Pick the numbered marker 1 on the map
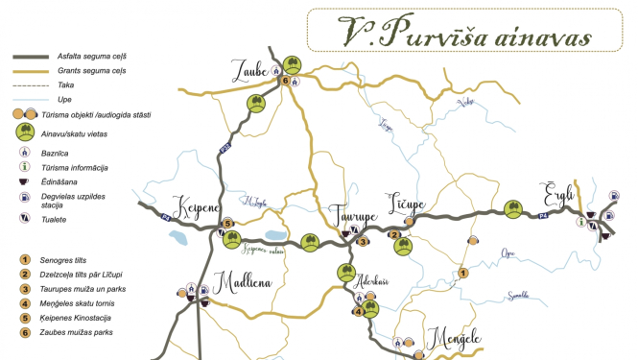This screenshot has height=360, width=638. [463, 273]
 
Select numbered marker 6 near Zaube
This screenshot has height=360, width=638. [285, 81]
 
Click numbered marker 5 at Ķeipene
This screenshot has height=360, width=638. [227, 224]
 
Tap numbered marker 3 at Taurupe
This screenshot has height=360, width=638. [363, 241]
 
